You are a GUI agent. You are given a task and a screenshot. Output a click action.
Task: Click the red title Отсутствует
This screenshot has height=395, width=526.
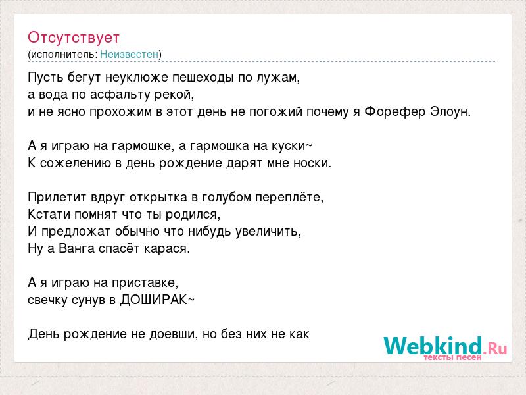pos(74,38)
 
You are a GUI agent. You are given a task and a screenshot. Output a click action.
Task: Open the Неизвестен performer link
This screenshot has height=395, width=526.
pos(129,54)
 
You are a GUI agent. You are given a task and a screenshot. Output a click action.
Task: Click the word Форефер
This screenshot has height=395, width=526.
pos(395,111)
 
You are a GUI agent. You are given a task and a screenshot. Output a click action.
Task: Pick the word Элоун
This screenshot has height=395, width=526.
pos(450,111)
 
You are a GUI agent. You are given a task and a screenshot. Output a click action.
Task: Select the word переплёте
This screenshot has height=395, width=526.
pos(289,197)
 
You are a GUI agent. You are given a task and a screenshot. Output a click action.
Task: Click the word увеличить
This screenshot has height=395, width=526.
pos(268,232)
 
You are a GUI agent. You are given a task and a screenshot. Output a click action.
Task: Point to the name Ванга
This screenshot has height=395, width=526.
pos(76,249)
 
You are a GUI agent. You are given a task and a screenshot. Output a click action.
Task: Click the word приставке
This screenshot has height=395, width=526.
pos(145,283)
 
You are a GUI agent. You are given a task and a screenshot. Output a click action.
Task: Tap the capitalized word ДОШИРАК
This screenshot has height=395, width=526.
pos(154,300)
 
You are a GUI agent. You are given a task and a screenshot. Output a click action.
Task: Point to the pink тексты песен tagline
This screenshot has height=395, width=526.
pos(452,357)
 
